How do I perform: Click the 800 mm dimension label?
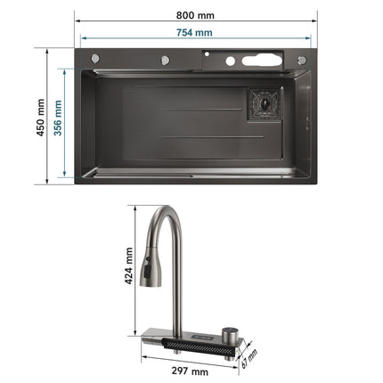coord(193,15)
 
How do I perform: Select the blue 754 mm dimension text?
coord(193,33)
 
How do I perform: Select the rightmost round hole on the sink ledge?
coord(301,60)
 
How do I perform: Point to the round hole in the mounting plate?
coord(230,61)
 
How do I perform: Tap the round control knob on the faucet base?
coord(230,333)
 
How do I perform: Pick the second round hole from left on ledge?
coord(166,60)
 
